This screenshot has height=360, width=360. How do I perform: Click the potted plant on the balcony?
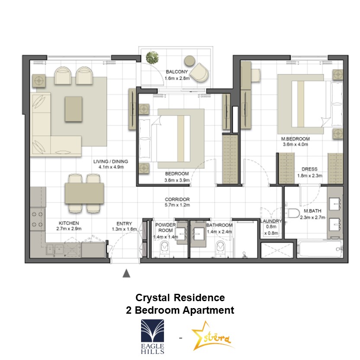tap(152, 57)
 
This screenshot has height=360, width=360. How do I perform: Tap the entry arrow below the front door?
tap(126, 273)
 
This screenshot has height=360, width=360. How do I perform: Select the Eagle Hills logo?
tap(152, 337)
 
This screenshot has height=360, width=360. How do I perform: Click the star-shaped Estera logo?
tap(211, 337)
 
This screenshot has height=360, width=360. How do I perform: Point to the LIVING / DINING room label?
tap(111, 161)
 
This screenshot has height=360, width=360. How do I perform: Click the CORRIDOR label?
tap(177, 199)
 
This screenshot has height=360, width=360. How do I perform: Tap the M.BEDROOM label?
tap(295, 138)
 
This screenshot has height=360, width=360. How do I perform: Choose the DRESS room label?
tap(309, 169)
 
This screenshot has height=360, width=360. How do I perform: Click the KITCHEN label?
tap(69, 223)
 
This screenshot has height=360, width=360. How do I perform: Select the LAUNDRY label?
tap(271, 221)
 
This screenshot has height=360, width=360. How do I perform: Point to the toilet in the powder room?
tap(164, 248)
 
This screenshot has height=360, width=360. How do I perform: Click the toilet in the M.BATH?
tap(292, 213)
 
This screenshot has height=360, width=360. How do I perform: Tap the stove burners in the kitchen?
tap(37, 219)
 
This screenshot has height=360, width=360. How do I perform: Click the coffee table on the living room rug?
tap(74, 109)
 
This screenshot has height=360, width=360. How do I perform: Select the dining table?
tap(84, 193)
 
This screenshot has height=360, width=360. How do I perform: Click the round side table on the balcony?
tap(190, 61)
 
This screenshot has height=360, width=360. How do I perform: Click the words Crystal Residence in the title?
tap(180, 298)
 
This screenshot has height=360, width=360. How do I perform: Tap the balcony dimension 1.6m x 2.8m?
tap(177, 78)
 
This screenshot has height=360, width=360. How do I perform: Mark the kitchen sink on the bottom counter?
tap(55, 249)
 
